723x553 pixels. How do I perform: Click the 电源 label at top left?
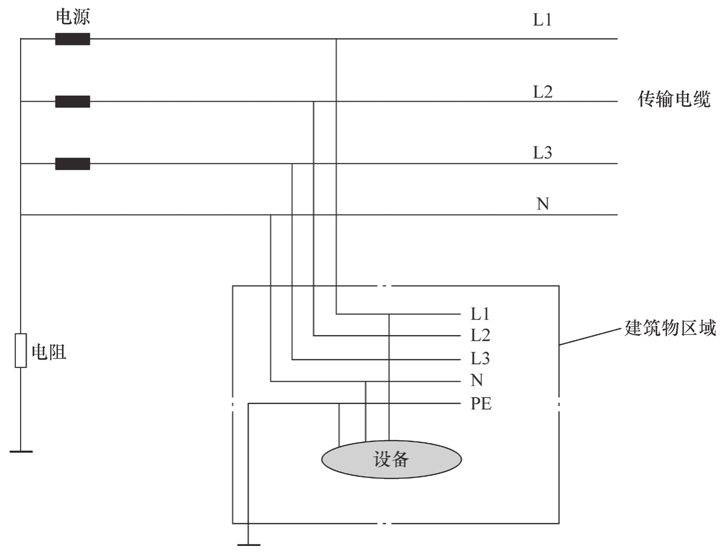[73, 17]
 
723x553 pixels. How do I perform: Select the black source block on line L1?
[73, 39]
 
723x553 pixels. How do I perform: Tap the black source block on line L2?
[73, 102]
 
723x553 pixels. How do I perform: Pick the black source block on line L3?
[73, 164]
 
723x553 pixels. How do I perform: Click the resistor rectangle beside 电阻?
[21, 350]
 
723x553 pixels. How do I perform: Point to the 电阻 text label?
[49, 352]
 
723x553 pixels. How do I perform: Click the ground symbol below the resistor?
[21, 451]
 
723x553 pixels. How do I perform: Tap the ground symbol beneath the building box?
[249, 545]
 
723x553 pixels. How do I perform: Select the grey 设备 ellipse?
[391, 460]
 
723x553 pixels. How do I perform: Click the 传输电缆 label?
[674, 99]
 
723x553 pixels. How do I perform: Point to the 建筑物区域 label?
[670, 328]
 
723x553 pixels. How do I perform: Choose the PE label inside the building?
[481, 404]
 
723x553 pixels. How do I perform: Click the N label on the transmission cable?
[542, 204]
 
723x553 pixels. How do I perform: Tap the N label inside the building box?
[477, 380]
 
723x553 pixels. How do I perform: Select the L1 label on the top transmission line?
[542, 19]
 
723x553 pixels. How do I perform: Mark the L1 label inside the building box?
[480, 314]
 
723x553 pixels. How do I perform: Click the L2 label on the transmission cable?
[542, 92]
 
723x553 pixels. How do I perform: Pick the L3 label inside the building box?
[480, 359]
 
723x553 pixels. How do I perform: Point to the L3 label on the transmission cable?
[542, 153]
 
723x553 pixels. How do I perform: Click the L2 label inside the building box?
[480, 336]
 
